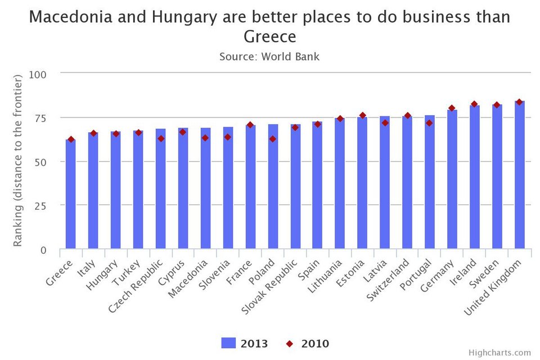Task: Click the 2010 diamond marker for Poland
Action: [273, 139]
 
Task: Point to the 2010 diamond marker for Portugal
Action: [430, 123]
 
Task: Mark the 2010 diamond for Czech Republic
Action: [160, 138]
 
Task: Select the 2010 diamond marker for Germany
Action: [452, 108]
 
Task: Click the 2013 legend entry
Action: [244, 344]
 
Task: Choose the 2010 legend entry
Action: [307, 344]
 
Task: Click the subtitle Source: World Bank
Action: [269, 56]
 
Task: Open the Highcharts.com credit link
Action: [499, 353]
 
